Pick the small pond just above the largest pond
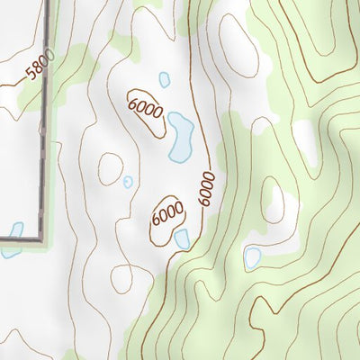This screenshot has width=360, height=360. [165, 80]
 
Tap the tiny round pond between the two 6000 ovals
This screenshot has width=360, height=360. [128, 182]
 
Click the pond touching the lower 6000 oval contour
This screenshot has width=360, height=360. [183, 238]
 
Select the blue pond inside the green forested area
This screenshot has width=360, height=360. [253, 258]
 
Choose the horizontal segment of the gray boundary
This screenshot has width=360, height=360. [18, 238]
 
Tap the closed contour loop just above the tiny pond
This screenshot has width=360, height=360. [111, 166]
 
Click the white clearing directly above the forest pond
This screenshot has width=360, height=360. [274, 202]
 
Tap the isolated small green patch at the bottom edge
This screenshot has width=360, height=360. [70, 355]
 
